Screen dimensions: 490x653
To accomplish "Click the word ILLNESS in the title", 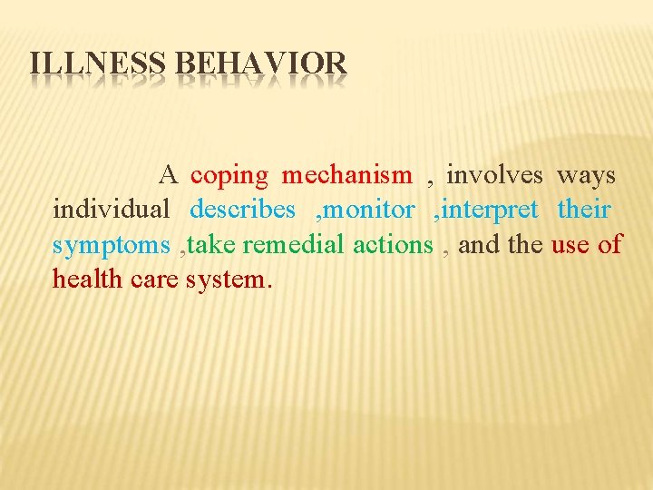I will click(98, 64).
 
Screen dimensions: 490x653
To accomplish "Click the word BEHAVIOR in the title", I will click(260, 64).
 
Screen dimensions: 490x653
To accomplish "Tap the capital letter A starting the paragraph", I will click(170, 174).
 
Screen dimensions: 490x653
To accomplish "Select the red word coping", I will click(229, 176).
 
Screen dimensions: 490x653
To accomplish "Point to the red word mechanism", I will click(346, 174).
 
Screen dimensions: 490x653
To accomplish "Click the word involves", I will click(494, 174).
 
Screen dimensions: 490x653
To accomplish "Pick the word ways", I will click(586, 176).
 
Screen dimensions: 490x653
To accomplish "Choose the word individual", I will click(112, 210).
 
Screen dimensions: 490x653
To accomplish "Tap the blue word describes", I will click(242, 210).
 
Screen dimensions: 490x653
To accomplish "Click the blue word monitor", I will click(369, 210).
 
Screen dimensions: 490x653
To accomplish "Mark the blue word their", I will click(584, 210).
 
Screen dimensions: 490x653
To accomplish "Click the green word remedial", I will click(293, 245).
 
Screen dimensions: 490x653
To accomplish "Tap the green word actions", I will click(393, 245).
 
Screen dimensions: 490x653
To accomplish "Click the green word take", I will click(214, 245).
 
